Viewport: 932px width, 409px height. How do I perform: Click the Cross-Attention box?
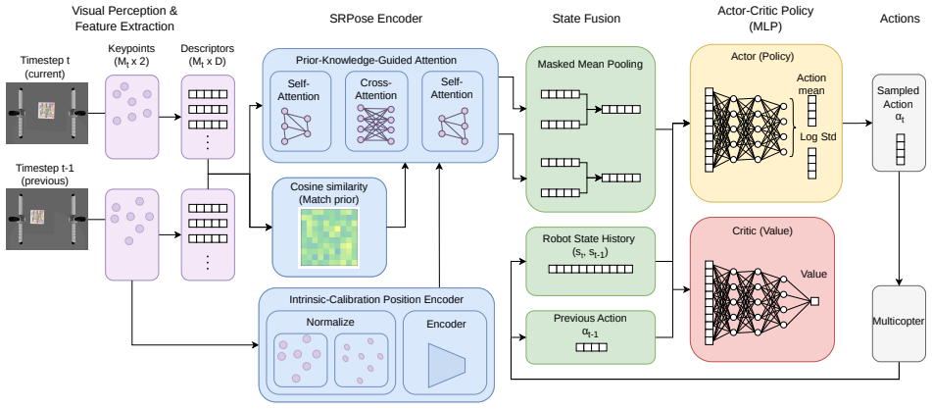coord(376,111)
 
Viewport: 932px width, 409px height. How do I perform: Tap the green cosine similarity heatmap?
coord(328,236)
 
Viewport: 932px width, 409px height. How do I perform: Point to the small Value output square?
coord(815,301)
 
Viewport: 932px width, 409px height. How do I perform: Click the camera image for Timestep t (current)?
coord(47,113)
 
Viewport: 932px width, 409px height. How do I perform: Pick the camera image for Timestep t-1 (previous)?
coord(47,219)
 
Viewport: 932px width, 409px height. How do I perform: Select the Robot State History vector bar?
coord(590,270)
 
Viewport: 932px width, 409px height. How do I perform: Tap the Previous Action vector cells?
coord(591,347)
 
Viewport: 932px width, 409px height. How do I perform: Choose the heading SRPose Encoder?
coord(375,19)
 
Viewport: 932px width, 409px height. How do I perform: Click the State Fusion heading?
coord(586,19)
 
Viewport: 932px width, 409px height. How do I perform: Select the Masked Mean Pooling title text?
coord(590,64)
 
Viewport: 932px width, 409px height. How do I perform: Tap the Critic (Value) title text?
coord(763,230)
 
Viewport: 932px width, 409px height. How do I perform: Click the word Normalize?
coord(330,323)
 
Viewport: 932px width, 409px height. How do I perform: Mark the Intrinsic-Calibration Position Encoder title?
coord(376,299)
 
